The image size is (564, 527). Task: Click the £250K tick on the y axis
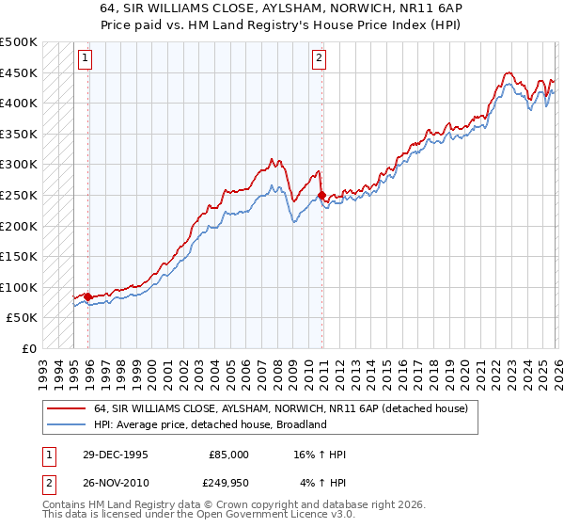(x=19, y=195)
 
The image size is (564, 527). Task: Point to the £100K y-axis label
(x=19, y=287)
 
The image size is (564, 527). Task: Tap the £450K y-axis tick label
(x=19, y=72)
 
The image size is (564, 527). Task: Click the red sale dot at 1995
(x=88, y=296)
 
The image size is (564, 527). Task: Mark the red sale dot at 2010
(x=321, y=196)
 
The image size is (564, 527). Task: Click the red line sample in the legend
(x=67, y=409)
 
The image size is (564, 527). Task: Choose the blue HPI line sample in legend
(x=67, y=424)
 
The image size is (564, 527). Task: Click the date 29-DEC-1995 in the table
(x=116, y=455)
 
